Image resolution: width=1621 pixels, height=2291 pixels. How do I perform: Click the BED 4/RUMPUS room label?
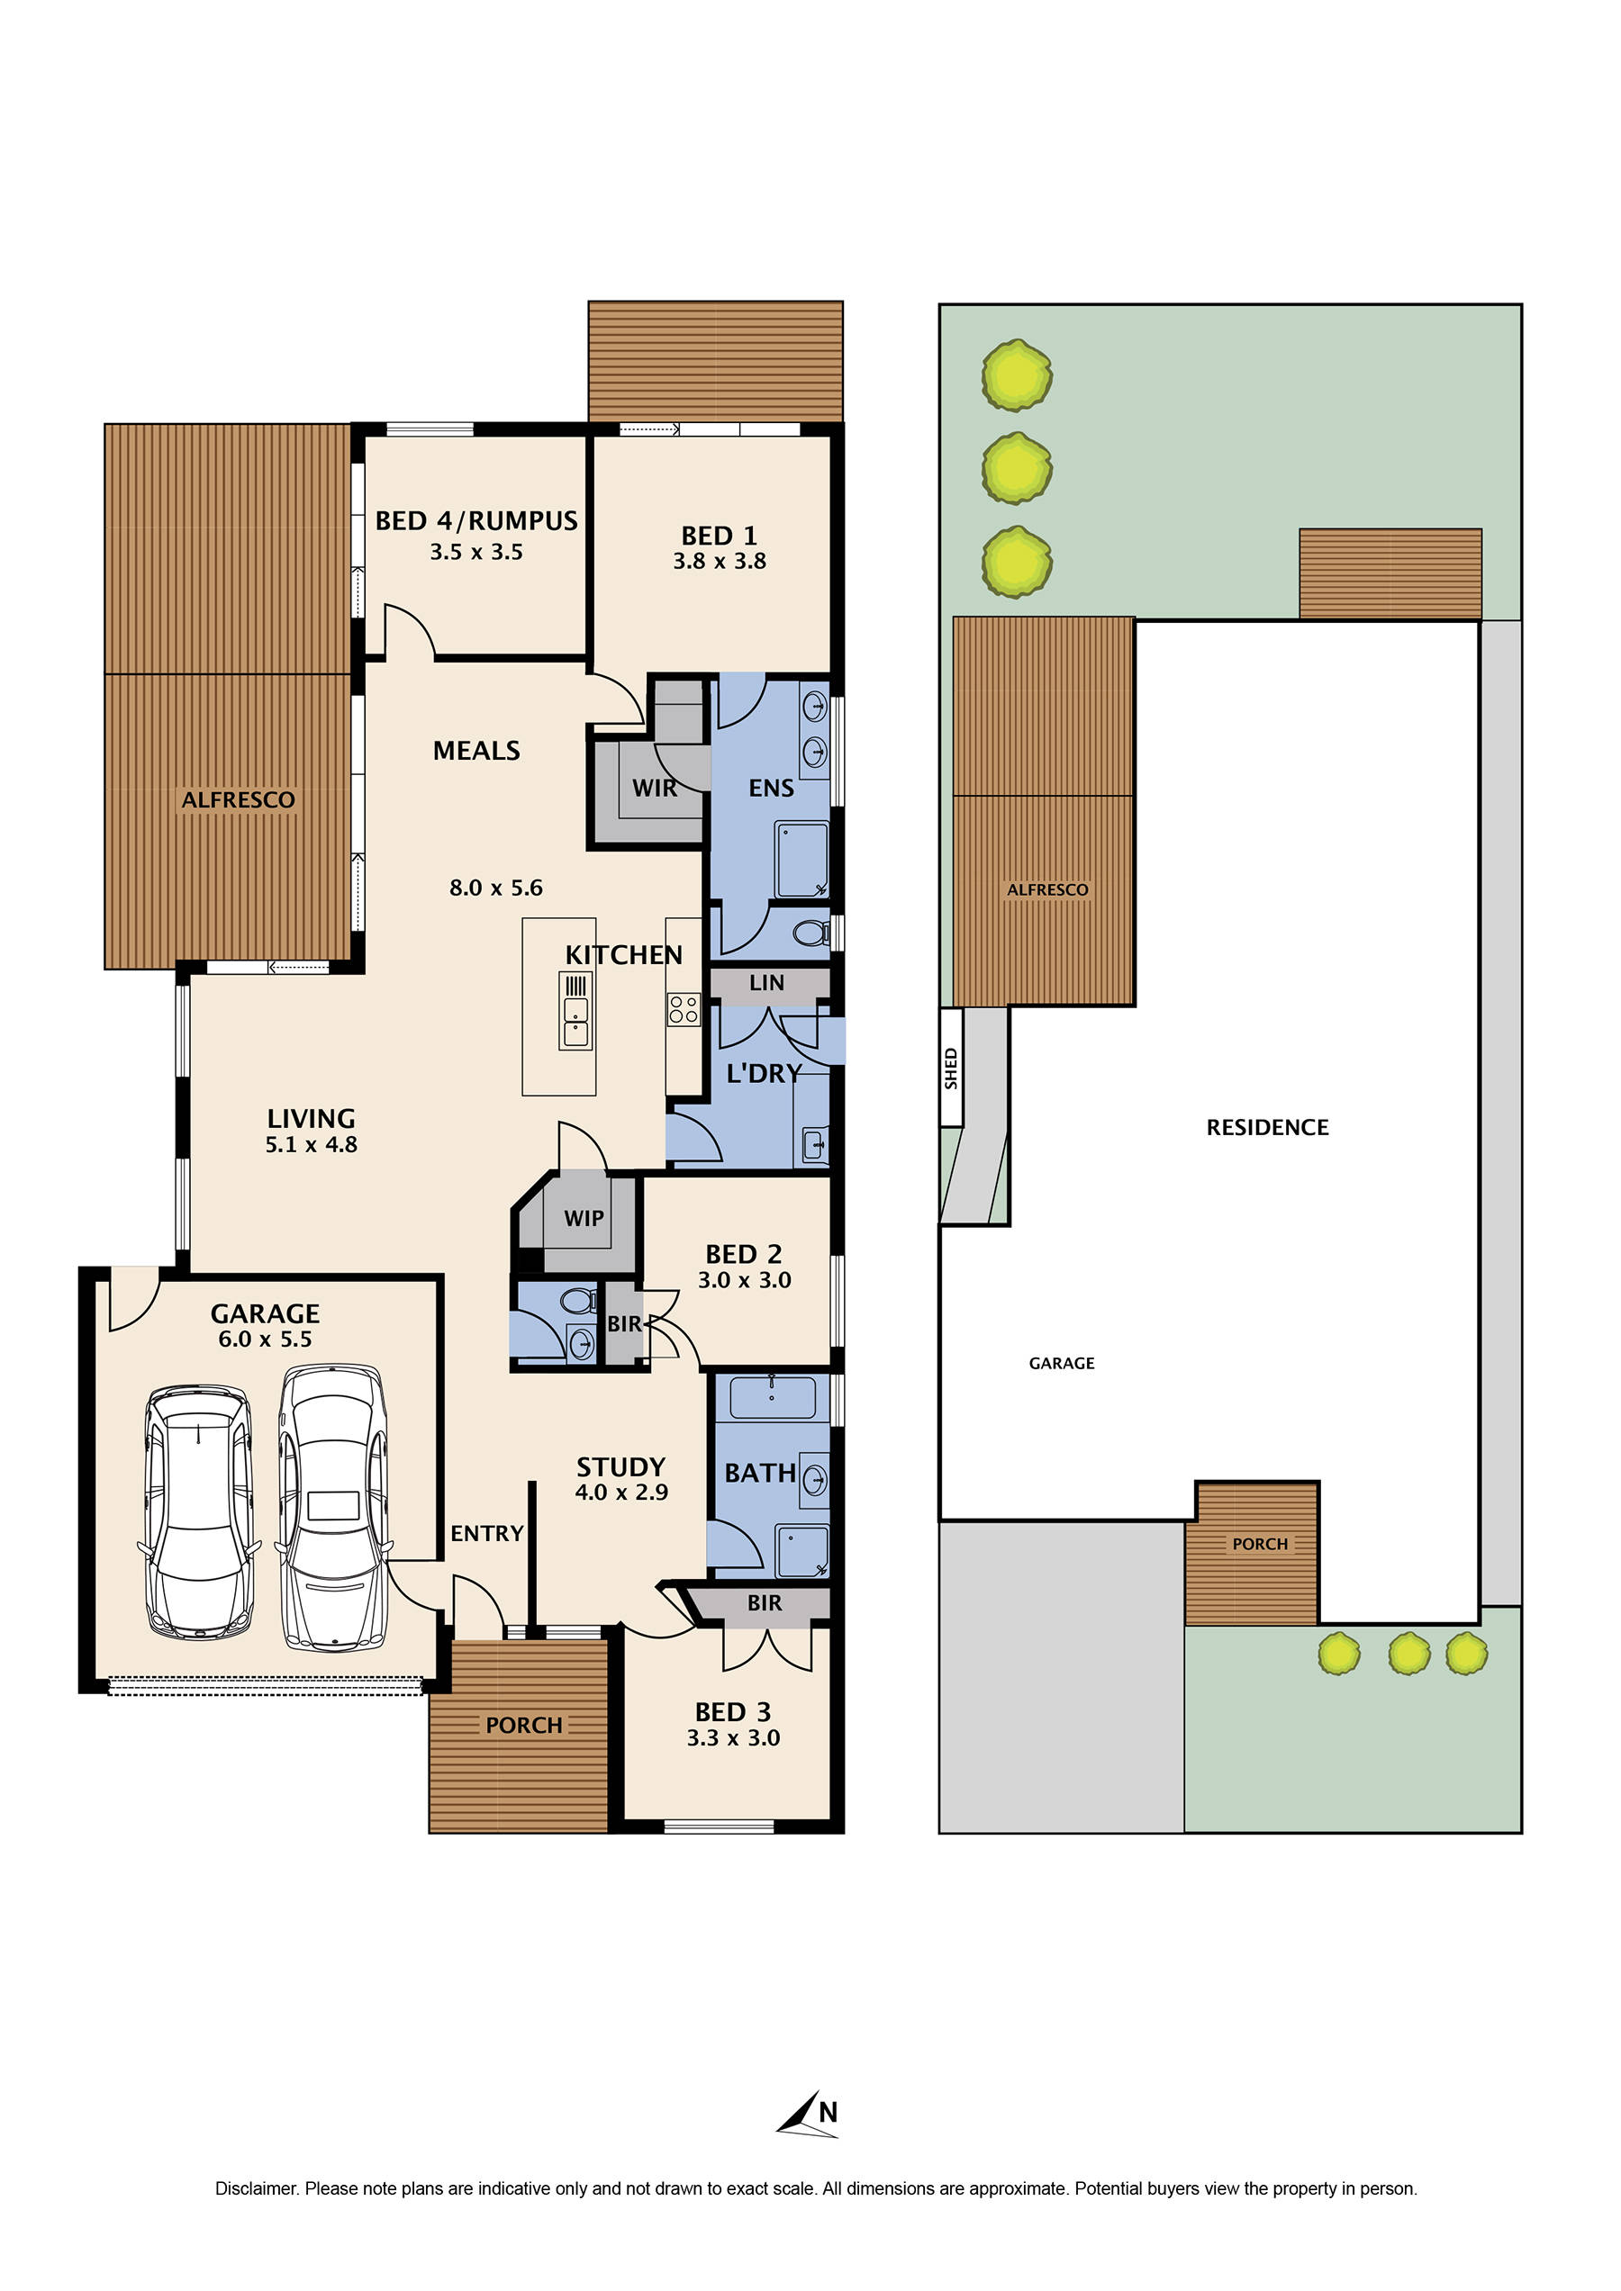(x=476, y=521)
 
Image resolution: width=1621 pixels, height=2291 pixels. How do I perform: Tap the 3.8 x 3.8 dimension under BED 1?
(x=719, y=562)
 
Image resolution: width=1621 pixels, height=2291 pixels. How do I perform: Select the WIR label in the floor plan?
(x=654, y=789)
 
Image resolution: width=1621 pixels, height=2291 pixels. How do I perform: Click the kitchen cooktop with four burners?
(x=684, y=1009)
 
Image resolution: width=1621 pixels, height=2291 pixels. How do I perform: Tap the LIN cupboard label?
(x=766, y=983)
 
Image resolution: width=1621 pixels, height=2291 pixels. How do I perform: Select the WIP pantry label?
(x=583, y=1218)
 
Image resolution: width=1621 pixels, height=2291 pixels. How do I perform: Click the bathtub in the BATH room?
(x=772, y=1397)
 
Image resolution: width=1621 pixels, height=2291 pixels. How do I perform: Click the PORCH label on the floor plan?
(x=524, y=1726)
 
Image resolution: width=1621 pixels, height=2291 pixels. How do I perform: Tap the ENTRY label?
(x=486, y=1534)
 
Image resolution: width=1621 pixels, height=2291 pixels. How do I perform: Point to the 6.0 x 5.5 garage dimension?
(x=265, y=1339)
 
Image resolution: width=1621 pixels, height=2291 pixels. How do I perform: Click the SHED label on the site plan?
(x=951, y=1068)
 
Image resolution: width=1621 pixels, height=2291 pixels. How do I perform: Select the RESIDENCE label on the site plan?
(x=1267, y=1128)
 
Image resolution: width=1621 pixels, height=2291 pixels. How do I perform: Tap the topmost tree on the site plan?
(x=1016, y=375)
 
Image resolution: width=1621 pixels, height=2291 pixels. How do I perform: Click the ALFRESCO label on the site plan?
(x=1047, y=889)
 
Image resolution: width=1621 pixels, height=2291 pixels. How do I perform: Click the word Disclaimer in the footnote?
(x=257, y=2188)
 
